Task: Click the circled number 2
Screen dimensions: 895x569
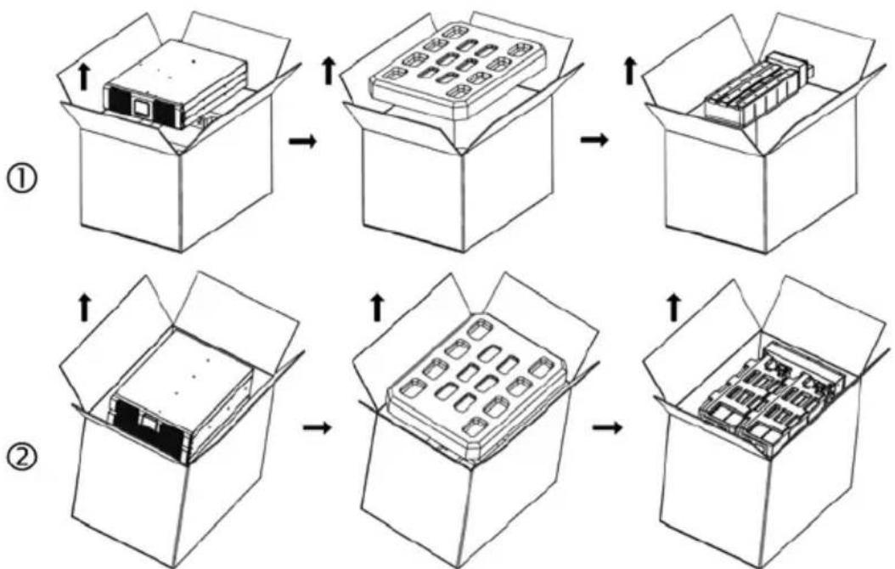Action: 23,458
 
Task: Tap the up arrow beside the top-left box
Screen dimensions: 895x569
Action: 84,77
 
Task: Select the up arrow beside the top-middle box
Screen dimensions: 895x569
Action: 329,71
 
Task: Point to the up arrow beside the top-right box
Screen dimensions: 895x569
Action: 629,71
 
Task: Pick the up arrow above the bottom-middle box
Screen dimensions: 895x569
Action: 377,309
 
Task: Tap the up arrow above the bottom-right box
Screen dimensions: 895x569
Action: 675,309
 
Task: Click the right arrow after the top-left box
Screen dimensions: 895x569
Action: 302,141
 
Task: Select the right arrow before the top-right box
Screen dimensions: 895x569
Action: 594,140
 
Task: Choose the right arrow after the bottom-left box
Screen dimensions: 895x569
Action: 316,427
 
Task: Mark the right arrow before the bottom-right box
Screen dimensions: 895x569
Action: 607,427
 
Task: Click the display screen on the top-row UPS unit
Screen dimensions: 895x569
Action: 140,107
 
